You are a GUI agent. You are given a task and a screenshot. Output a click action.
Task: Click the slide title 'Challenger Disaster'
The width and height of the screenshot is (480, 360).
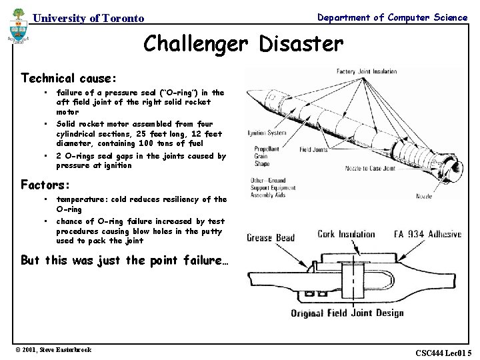click(243, 44)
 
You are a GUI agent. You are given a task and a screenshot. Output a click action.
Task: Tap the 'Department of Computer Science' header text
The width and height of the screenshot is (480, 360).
click(392, 17)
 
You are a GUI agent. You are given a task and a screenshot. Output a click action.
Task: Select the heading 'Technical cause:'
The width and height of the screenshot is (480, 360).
click(68, 78)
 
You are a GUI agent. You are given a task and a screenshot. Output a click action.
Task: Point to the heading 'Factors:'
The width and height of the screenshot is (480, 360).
click(45, 184)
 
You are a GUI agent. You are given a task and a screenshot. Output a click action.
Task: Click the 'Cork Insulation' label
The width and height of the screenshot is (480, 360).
click(346, 234)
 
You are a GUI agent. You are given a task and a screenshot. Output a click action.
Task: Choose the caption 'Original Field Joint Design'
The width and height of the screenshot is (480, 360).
click(347, 313)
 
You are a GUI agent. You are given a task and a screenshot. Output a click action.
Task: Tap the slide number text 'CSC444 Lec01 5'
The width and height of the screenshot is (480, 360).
click(443, 352)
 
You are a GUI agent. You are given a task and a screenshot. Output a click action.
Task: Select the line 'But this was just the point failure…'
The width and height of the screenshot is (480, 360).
click(125, 260)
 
